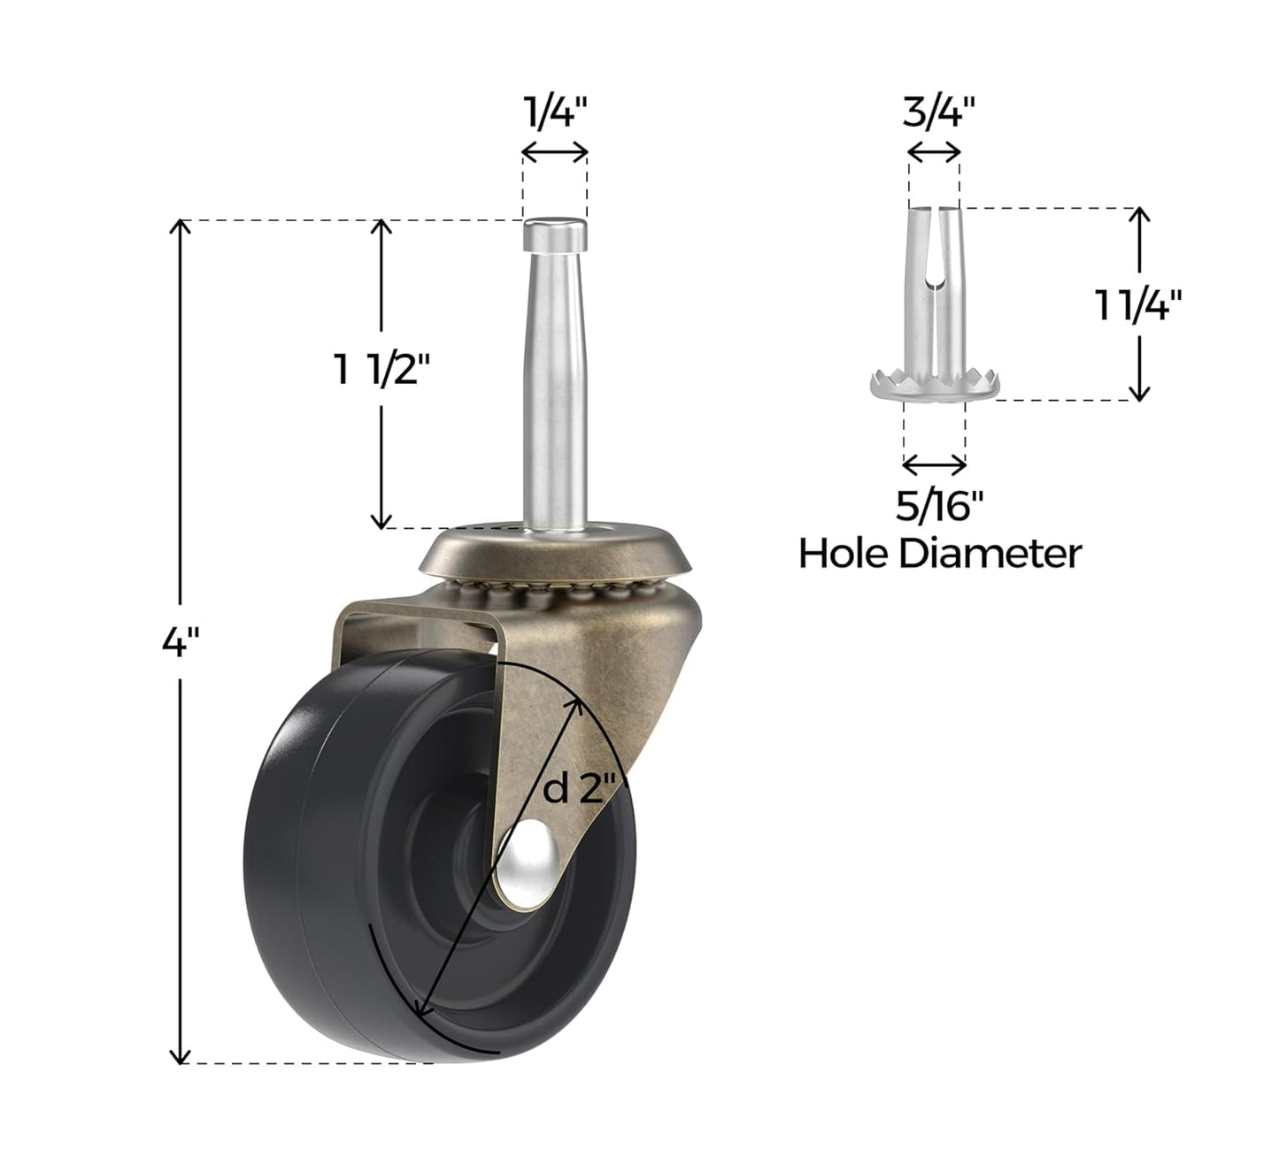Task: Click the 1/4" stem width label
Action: point(555,113)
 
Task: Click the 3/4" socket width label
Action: point(938,113)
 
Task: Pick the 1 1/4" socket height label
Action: point(1138,305)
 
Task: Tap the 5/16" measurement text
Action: point(939,507)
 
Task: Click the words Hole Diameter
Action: point(939,554)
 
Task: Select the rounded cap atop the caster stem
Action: point(554,234)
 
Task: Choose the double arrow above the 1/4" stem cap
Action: point(555,152)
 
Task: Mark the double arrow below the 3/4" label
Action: point(934,152)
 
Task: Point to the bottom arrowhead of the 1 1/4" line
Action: point(1140,394)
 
